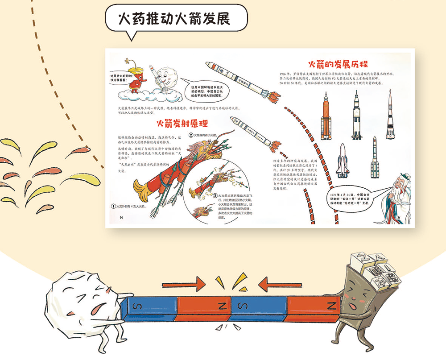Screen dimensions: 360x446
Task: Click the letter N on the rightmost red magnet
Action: point(331,306)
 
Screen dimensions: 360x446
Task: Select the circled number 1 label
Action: point(113,207)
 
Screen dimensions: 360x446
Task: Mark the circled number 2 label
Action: point(190,135)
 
